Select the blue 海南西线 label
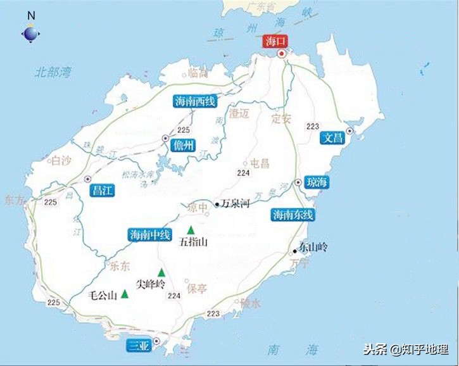195,101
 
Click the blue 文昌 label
332,137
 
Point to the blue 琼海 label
316,182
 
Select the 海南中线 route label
150,234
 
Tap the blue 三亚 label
138,346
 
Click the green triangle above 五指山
190,230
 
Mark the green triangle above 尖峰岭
161,272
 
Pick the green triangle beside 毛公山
125,293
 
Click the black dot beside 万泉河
217,205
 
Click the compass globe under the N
30,34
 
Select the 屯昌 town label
260,163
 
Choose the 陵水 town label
250,303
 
